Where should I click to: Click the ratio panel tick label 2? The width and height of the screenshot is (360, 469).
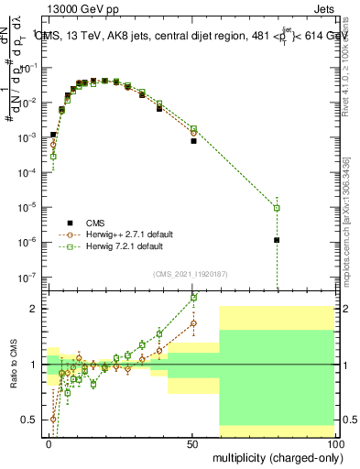[34, 309]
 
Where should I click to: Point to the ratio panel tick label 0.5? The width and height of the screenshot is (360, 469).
[30, 420]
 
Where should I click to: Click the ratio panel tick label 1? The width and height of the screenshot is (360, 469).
[34, 365]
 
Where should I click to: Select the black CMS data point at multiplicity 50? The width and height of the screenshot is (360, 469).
[193, 141]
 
